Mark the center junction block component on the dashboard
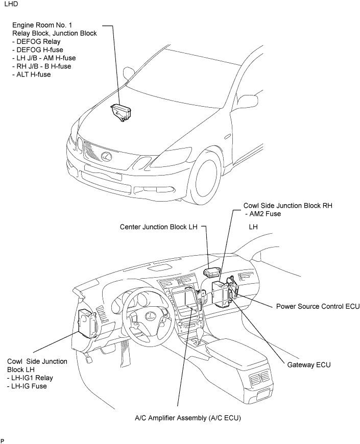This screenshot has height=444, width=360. [211, 272]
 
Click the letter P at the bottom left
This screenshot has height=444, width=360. [3, 440]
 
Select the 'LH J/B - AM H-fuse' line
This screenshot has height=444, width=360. [44, 58]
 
